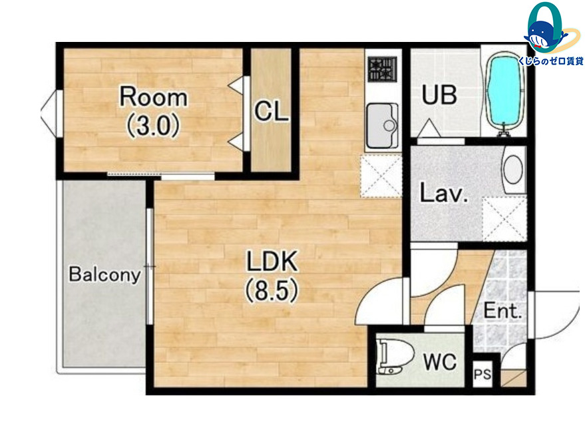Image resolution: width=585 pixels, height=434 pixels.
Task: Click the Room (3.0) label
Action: [x=153, y=112]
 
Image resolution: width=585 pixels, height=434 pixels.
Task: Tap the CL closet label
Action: [x=272, y=111]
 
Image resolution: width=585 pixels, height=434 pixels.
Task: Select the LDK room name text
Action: [x=272, y=262]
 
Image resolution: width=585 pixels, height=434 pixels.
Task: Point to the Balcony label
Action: [x=105, y=275]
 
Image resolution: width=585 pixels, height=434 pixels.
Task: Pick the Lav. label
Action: [x=444, y=193]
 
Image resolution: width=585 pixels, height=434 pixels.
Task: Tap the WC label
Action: [x=440, y=361]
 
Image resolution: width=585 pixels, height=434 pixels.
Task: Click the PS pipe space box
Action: [x=482, y=374]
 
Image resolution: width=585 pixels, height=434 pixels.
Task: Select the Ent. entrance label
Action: [x=502, y=310]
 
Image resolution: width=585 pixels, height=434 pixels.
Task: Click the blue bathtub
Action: [x=504, y=92]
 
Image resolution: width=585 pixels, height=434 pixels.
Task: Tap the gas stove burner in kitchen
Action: [x=382, y=69]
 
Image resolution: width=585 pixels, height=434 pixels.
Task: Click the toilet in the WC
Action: [x=395, y=355]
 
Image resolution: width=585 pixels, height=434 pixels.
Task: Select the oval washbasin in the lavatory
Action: [x=513, y=169]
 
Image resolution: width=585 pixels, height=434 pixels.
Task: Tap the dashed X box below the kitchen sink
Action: [x=381, y=176]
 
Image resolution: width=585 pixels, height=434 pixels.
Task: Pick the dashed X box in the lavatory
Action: [x=504, y=219]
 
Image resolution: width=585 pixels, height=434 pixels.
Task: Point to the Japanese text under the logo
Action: [x=550, y=61]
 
